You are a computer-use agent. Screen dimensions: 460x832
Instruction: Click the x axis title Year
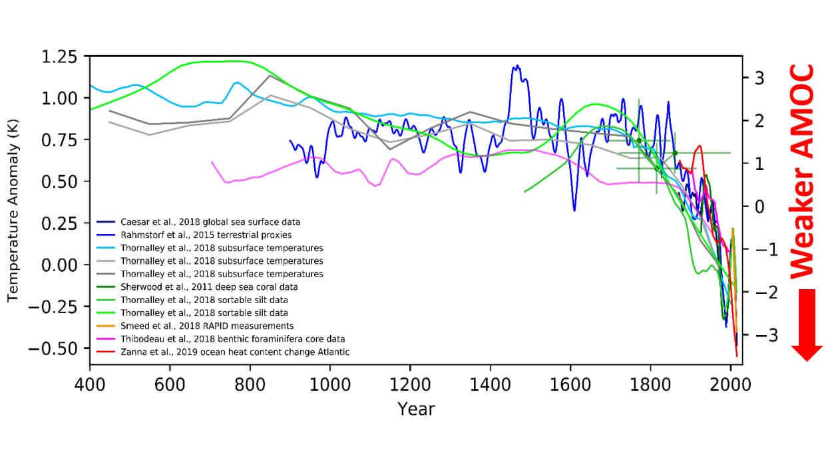coord(416,408)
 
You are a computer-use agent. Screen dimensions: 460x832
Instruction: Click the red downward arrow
coord(807,324)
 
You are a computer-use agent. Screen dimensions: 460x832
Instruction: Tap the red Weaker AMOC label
coord(803,171)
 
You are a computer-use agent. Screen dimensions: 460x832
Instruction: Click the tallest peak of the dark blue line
coord(517,65)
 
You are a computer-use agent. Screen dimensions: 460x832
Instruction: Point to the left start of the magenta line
coord(212,162)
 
